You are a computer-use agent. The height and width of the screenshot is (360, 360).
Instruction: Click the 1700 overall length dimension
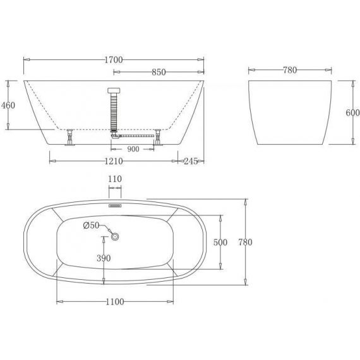[114, 60]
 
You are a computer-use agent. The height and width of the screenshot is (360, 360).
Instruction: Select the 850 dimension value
[159, 72]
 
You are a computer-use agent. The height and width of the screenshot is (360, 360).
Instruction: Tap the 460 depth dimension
[8, 105]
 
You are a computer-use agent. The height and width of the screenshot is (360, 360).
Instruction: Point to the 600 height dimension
[352, 112]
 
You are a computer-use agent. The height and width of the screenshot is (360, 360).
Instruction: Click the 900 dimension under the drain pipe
[133, 149]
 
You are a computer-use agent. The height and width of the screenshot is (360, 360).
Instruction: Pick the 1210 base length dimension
[114, 161]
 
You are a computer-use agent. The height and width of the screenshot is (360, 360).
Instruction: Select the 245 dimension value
[191, 161]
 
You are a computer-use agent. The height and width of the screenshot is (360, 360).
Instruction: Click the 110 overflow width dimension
[115, 179]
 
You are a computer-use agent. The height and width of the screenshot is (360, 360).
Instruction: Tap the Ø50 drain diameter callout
[91, 225]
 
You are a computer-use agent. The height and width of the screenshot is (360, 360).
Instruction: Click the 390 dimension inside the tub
[104, 258]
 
